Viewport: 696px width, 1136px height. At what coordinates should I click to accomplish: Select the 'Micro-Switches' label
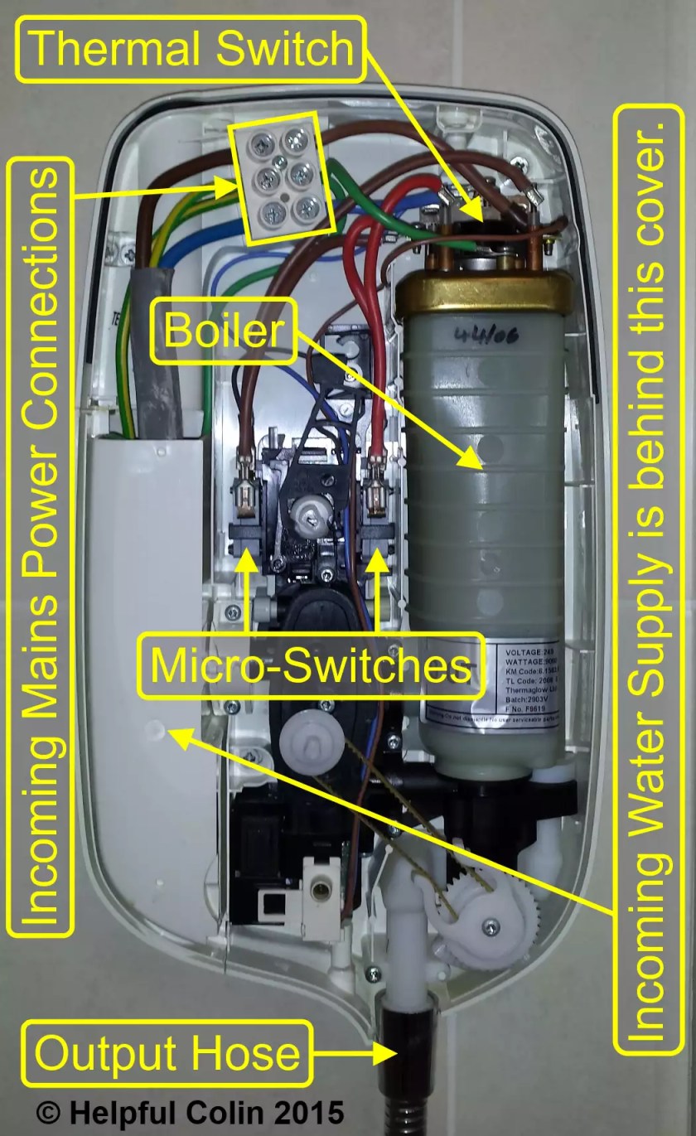click(x=310, y=665)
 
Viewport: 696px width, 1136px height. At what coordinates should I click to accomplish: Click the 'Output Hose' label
click(x=167, y=1054)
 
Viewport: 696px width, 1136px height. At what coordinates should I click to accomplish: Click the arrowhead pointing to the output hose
click(x=384, y=1054)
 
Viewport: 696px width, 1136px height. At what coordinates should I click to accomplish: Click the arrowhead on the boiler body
click(x=472, y=457)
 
